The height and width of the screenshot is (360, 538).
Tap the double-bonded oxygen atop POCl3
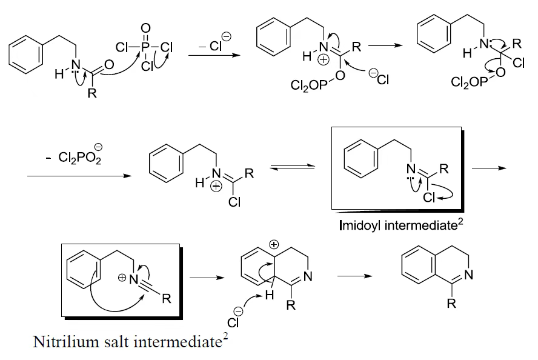pyautogui.click(x=145, y=28)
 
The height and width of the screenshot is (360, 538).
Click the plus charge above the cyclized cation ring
pyautogui.click(x=274, y=245)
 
